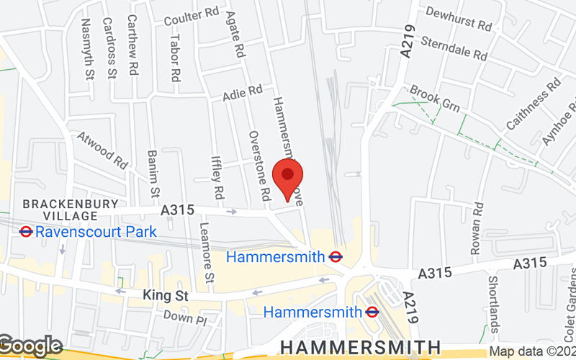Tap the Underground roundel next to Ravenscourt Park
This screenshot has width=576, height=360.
pyautogui.click(x=25, y=232)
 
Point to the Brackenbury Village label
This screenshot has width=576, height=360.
pyautogui.click(x=70, y=210)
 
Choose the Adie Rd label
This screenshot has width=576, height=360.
pyautogui.click(x=243, y=93)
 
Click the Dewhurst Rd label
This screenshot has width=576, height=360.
pyautogui.click(x=459, y=19)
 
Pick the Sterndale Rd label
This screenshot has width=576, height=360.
pyautogui.click(x=454, y=48)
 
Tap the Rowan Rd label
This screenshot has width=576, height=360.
pyautogui.click(x=476, y=228)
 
